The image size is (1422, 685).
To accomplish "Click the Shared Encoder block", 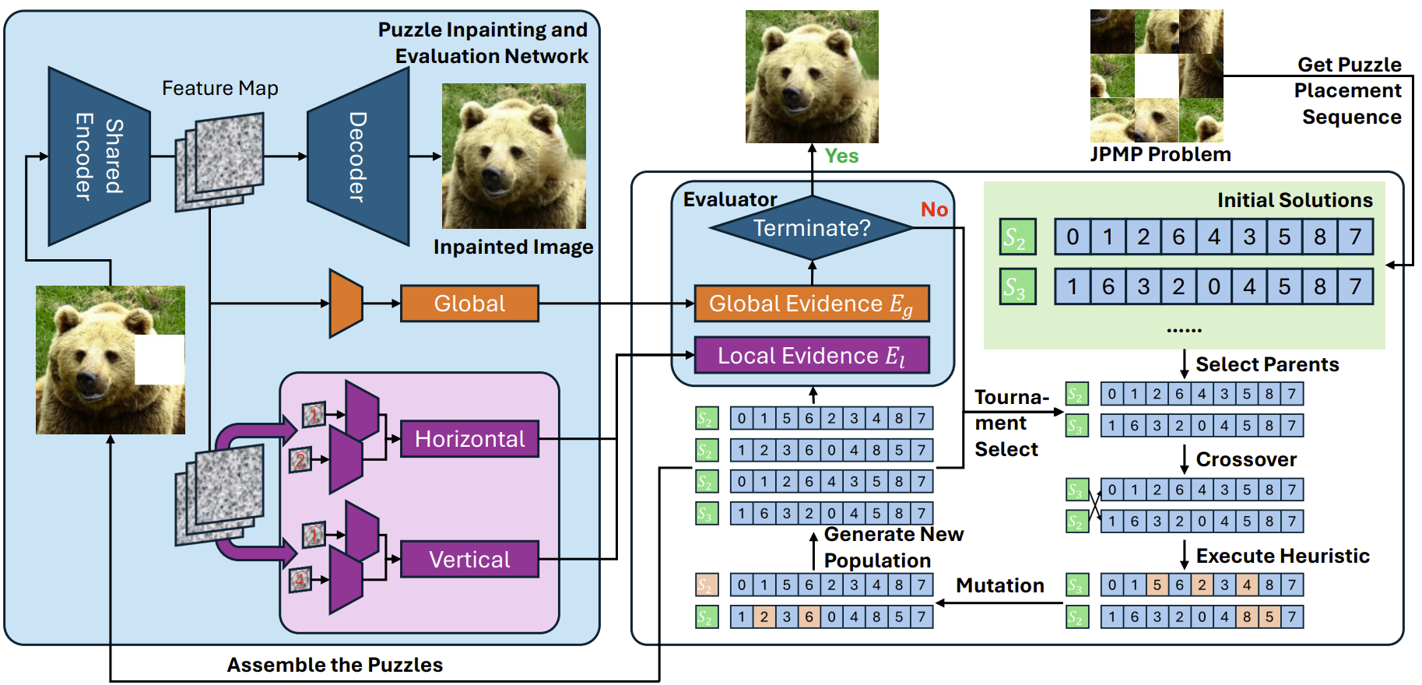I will [98, 156].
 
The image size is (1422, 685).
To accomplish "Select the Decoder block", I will [358, 156].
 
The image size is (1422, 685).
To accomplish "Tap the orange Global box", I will [469, 304].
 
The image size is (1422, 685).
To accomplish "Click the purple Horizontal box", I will [469, 439].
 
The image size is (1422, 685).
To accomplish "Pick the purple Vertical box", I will [469, 560].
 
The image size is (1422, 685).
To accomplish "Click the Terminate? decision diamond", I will [812, 228].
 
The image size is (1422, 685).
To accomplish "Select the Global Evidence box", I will [812, 304].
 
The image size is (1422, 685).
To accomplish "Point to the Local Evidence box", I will [812, 356].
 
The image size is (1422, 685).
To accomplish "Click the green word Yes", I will [841, 156].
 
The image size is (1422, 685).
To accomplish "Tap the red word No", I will [934, 209].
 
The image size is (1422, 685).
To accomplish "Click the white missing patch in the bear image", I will [160, 360].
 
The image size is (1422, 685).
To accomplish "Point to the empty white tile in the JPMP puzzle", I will [1157, 76].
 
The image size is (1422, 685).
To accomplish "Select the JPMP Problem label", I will [1160, 154].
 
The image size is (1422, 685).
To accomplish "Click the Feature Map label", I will [219, 89].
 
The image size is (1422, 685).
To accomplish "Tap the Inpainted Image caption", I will [513, 247].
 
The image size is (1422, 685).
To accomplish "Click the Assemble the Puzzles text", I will [335, 665].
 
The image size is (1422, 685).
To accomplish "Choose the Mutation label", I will [1000, 585].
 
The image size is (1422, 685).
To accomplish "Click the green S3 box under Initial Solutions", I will [1017, 286].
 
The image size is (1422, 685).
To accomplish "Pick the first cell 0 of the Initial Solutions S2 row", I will [1072, 237].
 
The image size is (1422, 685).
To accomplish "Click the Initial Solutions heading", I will [1294, 200].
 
